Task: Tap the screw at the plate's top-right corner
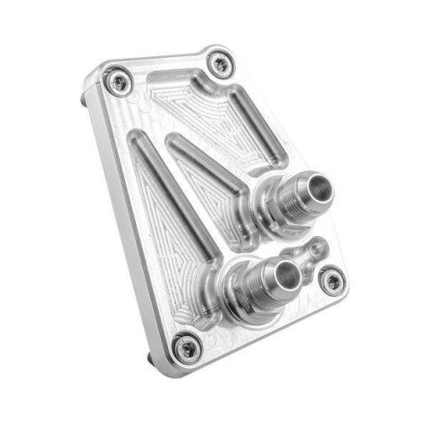(219, 63)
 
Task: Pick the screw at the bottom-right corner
(331, 282)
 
